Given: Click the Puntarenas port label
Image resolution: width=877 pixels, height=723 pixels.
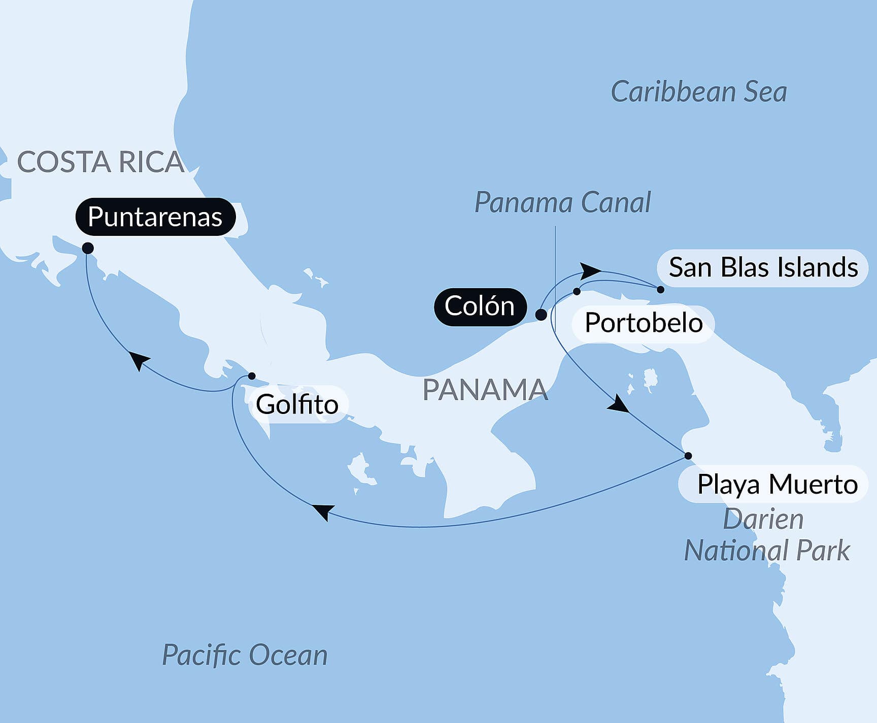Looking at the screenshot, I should (x=155, y=217).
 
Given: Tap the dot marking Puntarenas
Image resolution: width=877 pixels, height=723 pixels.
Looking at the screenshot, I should (x=88, y=248).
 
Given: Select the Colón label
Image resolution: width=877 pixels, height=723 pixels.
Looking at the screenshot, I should (x=480, y=306).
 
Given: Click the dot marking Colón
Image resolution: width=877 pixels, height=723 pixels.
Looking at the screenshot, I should (x=541, y=315).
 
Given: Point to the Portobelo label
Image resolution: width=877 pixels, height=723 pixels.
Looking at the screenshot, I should (x=643, y=323).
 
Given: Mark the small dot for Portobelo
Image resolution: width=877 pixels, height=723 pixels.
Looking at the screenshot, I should (x=577, y=291).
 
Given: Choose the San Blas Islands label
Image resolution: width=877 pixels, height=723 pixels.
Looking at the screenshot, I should (x=762, y=267).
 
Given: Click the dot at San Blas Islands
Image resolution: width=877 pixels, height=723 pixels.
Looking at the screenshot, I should (x=660, y=289).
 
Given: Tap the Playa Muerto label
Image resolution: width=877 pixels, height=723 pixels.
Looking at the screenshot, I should (x=777, y=484).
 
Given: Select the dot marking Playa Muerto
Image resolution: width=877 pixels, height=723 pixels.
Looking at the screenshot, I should (x=688, y=456).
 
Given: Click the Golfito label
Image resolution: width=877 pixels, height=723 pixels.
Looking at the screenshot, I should (x=297, y=404).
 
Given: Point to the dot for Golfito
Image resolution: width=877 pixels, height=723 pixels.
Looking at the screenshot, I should (x=251, y=376).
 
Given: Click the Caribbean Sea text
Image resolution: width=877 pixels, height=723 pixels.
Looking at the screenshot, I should (x=698, y=92).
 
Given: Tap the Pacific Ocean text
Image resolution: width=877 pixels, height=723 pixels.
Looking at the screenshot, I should (x=245, y=655).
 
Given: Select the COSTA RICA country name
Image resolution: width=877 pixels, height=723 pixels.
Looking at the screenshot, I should (x=100, y=162).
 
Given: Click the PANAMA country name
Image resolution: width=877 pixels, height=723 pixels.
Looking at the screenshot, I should (x=485, y=390).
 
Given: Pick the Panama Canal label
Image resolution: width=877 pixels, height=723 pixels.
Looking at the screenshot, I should (x=562, y=202).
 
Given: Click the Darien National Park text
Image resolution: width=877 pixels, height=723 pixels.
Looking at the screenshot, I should (x=766, y=535).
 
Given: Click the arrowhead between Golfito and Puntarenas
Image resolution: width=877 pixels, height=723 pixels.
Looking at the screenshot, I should (x=139, y=360).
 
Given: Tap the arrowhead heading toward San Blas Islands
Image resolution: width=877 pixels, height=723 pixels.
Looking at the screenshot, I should (x=590, y=270).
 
